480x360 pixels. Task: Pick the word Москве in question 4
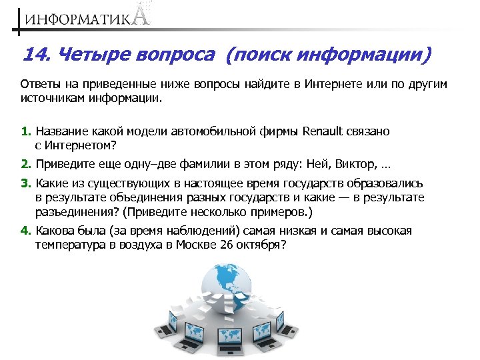point(202,244)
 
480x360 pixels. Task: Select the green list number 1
point(25,131)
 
